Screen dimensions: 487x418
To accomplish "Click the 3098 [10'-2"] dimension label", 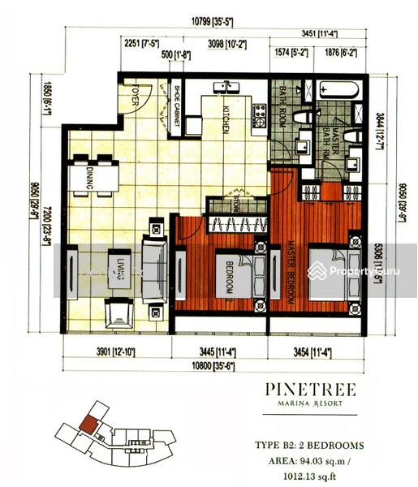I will [227, 44].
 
